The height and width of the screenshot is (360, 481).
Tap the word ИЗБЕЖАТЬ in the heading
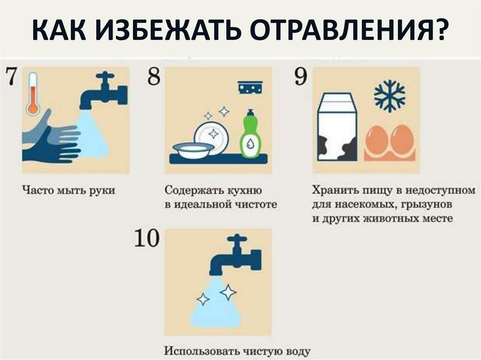(x=168, y=30)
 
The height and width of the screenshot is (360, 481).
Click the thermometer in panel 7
(x=33, y=93)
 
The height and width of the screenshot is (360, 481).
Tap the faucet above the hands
(x=103, y=91)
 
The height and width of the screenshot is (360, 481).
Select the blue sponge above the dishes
(x=251, y=87)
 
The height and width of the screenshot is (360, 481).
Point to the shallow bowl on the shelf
(x=193, y=150)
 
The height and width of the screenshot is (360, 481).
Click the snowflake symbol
(x=389, y=96)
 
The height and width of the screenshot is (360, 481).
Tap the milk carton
(x=337, y=127)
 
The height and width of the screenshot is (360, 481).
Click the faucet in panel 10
(x=235, y=255)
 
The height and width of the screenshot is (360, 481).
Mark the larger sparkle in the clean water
(x=228, y=292)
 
